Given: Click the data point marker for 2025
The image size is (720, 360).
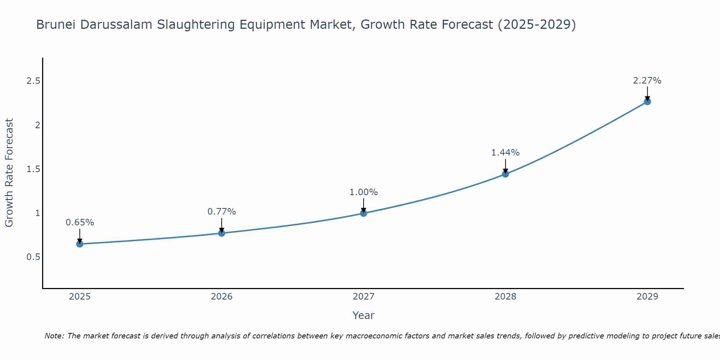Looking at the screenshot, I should pyautogui.click(x=80, y=244).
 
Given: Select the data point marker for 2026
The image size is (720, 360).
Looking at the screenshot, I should pyautogui.click(x=222, y=233).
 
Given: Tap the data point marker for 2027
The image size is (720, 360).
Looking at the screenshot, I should pyautogui.click(x=364, y=213).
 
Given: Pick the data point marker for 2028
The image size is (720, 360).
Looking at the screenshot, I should pyautogui.click(x=505, y=174).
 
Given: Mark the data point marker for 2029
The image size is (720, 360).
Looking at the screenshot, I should pyautogui.click(x=647, y=102).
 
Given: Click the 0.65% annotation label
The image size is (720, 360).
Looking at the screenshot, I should pyautogui.click(x=80, y=222).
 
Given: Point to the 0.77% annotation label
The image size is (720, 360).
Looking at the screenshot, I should pyautogui.click(x=222, y=212).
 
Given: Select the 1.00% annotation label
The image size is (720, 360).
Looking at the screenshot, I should pyautogui.click(x=364, y=192).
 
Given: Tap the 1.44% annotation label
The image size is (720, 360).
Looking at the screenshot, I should pyautogui.click(x=505, y=153).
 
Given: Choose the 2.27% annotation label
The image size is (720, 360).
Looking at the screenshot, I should pyautogui.click(x=647, y=81).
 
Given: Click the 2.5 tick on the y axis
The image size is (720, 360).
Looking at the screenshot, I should pyautogui.click(x=33, y=81).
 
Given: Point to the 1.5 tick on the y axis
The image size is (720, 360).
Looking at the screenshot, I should pyautogui.click(x=33, y=169).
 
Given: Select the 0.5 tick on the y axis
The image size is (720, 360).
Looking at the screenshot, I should pyautogui.click(x=33, y=257).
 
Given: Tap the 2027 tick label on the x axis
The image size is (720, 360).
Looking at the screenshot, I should pyautogui.click(x=364, y=297).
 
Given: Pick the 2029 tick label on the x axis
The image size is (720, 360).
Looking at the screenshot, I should pyautogui.click(x=647, y=297).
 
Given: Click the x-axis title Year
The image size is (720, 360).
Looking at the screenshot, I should pyautogui.click(x=364, y=315).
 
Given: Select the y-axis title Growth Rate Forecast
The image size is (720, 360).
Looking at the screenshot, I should pyautogui.click(x=9, y=173).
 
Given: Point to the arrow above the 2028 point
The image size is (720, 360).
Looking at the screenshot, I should pyautogui.click(x=505, y=166).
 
